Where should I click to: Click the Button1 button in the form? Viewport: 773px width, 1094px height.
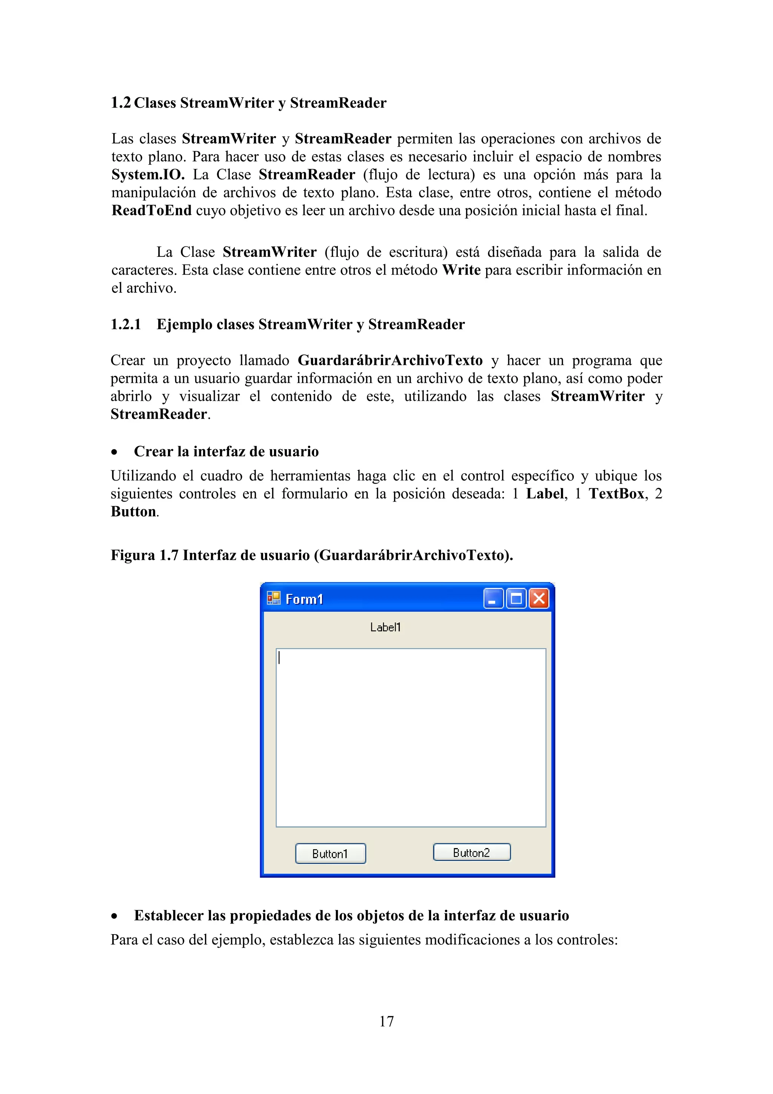330,853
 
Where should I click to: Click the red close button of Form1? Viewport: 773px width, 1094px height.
539,598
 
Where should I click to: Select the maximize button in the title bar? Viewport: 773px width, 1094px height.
516,598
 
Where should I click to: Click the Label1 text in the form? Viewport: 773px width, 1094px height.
385,627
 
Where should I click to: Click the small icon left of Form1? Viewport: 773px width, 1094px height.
274,598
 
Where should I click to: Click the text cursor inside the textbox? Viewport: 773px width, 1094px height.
279,658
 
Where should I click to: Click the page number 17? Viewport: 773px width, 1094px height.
386,1021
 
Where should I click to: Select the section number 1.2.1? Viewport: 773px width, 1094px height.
126,324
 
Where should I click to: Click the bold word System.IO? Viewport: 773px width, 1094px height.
148,175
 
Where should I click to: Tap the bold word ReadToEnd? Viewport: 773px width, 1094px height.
151,210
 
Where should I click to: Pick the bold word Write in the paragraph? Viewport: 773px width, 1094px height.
461,270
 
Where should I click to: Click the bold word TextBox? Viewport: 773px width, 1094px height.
616,494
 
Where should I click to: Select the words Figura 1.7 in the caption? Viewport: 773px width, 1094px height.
144,555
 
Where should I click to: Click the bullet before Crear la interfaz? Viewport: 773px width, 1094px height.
114,452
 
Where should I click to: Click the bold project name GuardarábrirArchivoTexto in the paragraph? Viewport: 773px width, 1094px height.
390,360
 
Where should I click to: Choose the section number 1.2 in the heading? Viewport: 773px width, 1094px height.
120,103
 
